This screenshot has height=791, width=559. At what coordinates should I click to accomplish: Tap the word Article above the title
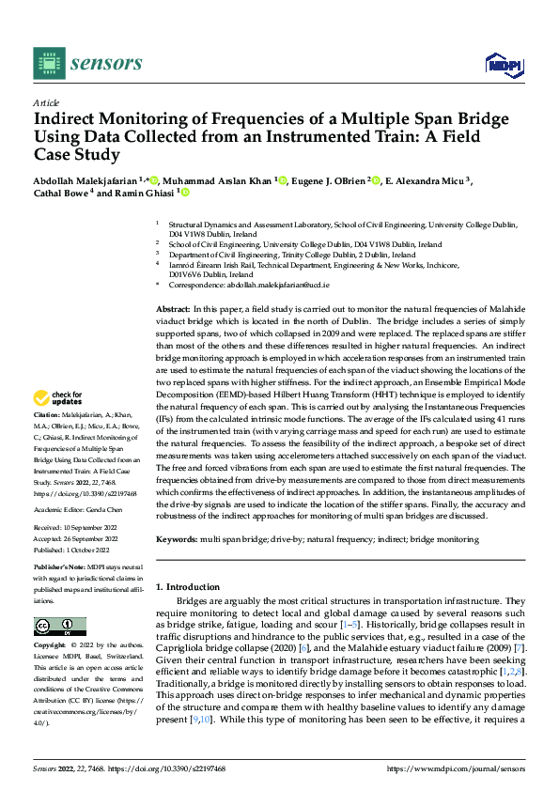tap(46, 102)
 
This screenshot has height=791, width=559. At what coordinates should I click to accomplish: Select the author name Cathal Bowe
tap(60, 194)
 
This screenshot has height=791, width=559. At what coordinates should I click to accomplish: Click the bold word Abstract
tap(173, 308)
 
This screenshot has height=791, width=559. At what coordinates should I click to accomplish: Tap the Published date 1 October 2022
tap(89, 551)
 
